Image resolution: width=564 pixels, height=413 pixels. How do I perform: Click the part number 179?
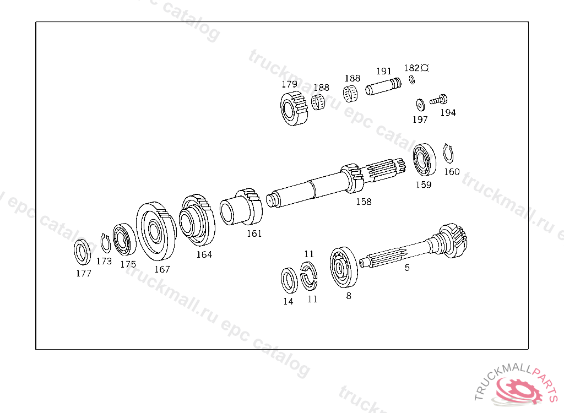(x=289, y=84)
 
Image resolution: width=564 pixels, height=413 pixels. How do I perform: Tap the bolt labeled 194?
(x=437, y=101)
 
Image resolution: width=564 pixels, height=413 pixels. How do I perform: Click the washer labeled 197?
(x=419, y=104)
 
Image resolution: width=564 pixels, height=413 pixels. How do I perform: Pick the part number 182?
(x=411, y=68)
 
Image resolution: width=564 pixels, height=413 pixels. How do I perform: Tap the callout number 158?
(x=364, y=202)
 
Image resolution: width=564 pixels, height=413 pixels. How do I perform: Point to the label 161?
(x=254, y=233)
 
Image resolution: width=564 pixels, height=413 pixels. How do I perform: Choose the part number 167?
(x=162, y=269)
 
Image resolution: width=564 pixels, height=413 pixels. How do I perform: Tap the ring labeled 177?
(x=83, y=252)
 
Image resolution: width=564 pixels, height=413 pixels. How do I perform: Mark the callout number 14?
(x=288, y=301)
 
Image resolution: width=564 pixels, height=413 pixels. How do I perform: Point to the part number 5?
(x=407, y=268)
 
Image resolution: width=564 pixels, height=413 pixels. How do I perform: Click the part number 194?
(x=448, y=113)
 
